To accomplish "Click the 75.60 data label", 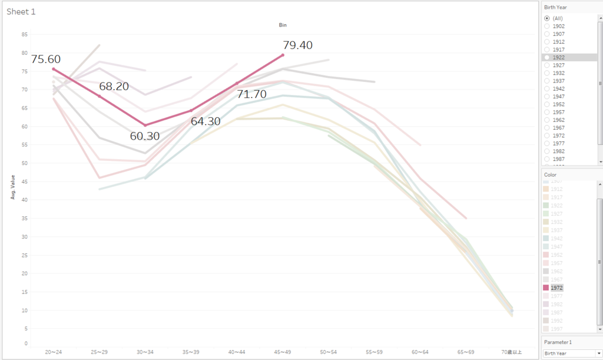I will [x=46, y=60].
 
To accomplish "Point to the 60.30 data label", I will [x=145, y=136].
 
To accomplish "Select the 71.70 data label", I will [x=252, y=94].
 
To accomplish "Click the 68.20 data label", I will [x=114, y=87].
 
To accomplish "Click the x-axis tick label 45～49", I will [x=283, y=352].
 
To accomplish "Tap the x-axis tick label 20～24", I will [x=54, y=352].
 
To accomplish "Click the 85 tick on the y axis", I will [x=24, y=34].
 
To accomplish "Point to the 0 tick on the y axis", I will [x=26, y=343].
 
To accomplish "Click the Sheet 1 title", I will [x=21, y=12].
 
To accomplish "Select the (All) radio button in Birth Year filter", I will [x=547, y=18].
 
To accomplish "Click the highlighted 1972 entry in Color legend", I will [x=557, y=288].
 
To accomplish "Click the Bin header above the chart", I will [x=283, y=25].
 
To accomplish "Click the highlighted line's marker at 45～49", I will [x=283, y=55].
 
